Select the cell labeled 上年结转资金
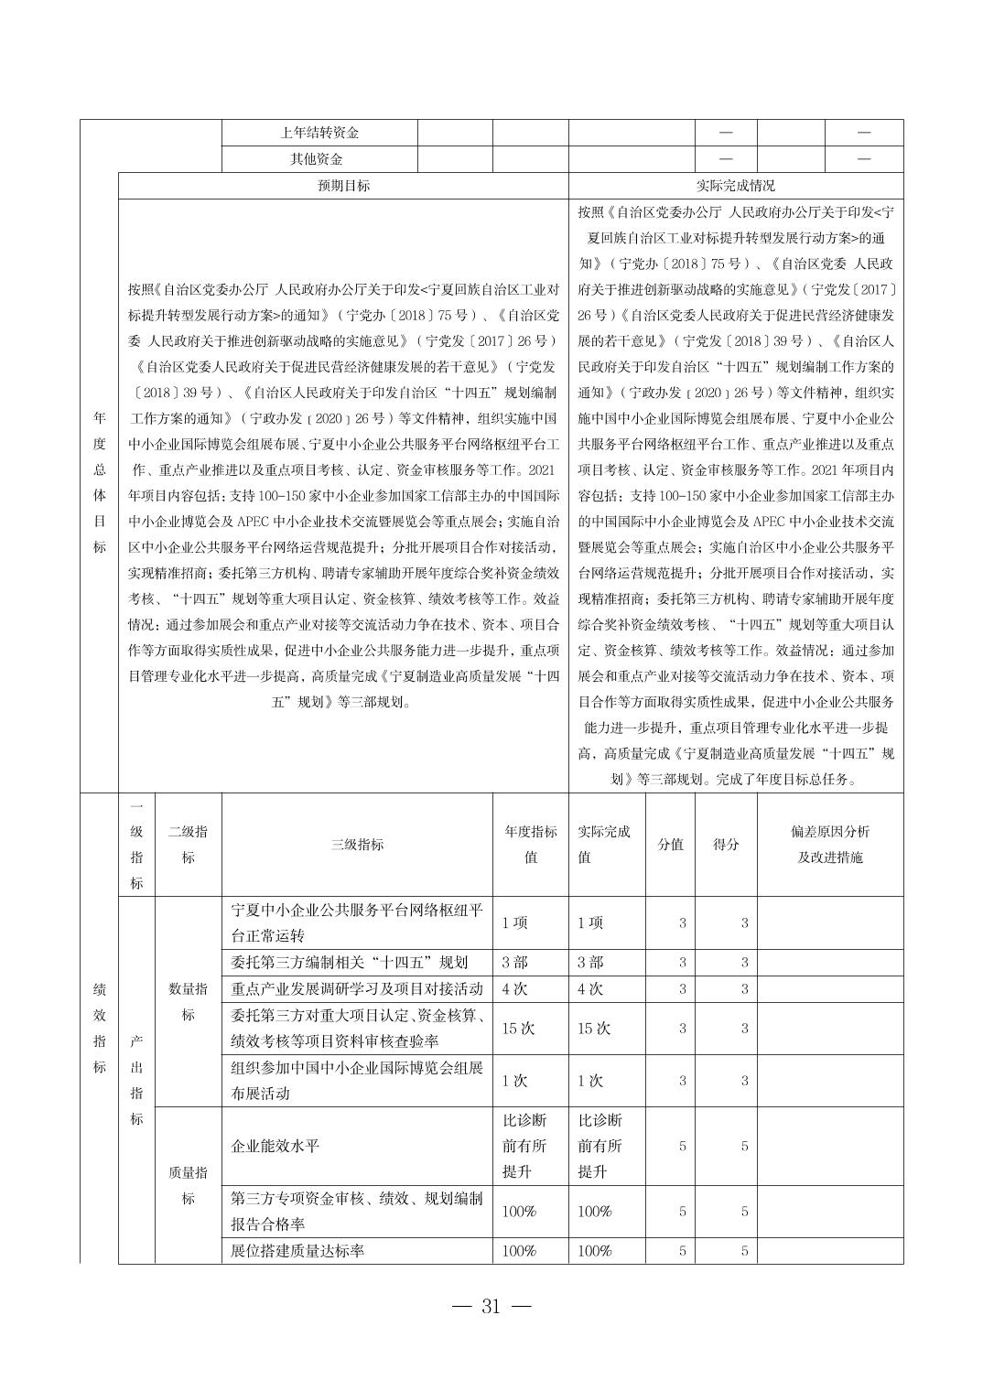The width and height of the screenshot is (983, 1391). click(319, 133)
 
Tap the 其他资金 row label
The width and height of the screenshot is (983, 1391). click(318, 159)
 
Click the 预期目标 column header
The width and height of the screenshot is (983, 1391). click(343, 186)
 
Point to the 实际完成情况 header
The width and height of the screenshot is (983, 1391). click(735, 186)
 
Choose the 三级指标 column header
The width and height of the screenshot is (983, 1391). click(357, 845)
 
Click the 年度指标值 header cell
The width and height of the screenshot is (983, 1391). click(530, 845)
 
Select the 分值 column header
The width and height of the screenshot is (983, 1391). click(671, 845)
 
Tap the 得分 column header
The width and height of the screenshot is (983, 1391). click(726, 845)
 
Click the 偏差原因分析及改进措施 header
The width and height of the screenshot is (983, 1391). click(830, 845)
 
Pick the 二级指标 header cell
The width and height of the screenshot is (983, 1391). click(188, 845)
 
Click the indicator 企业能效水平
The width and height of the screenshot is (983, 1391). click(275, 1146)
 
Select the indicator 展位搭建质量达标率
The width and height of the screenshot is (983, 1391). click(297, 1250)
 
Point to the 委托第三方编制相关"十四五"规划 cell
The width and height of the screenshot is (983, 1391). click(350, 963)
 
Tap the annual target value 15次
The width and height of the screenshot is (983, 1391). click(518, 1029)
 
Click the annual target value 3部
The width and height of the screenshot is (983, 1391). click(514, 963)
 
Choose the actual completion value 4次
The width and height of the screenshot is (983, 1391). click(590, 989)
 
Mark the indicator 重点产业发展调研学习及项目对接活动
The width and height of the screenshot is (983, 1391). click(357, 989)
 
